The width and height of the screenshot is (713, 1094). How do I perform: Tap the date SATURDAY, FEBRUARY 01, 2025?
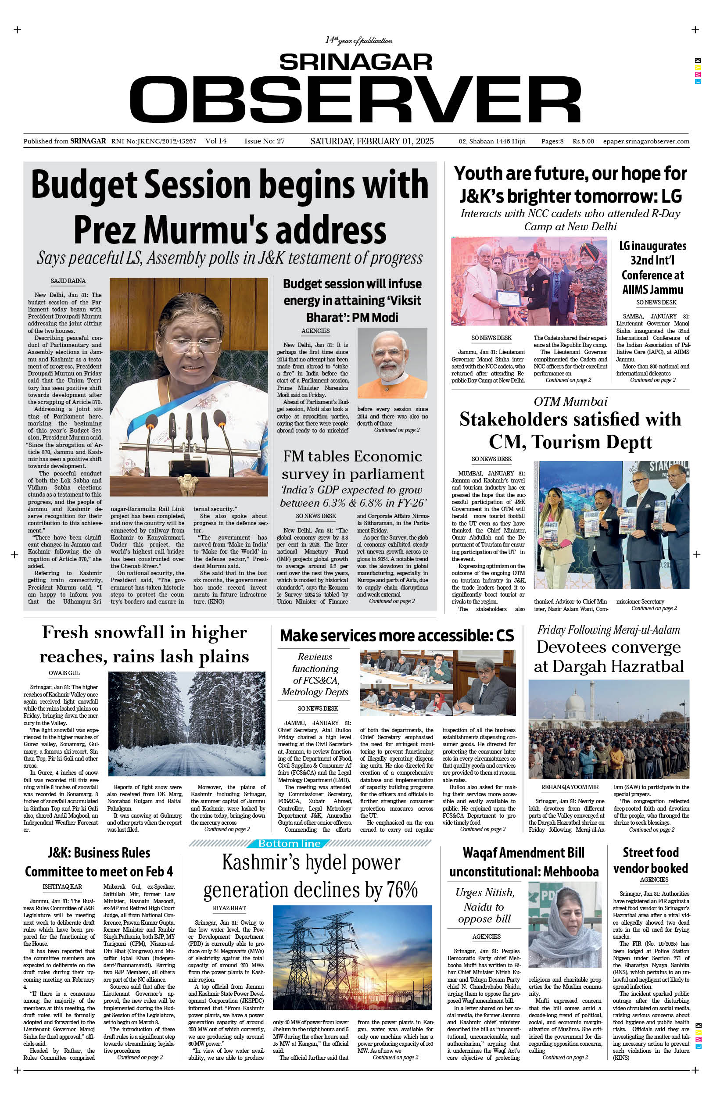pyautogui.click(x=372, y=141)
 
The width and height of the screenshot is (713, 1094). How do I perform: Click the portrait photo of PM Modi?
pyautogui.click(x=392, y=363)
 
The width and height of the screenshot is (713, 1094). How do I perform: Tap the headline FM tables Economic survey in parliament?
pyautogui.click(x=353, y=465)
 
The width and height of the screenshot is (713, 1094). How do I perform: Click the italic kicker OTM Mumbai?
pyautogui.click(x=570, y=401)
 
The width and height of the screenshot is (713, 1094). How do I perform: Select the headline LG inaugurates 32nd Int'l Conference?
pyautogui.click(x=652, y=268)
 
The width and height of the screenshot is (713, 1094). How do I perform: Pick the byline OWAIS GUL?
pyautogui.click(x=64, y=673)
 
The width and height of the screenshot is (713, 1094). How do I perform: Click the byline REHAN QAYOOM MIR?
pyautogui.click(x=570, y=787)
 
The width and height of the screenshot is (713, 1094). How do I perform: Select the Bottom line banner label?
pyautogui.click(x=289, y=843)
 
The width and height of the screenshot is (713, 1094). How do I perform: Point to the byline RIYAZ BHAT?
pyautogui.click(x=229, y=908)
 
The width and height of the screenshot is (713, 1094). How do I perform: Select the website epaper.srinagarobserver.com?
pyautogui.click(x=646, y=142)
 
